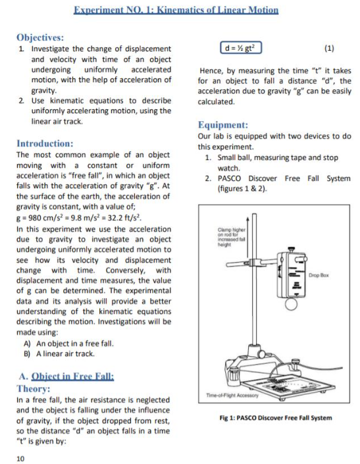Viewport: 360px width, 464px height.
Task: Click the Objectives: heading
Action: pyautogui.click(x=40, y=38)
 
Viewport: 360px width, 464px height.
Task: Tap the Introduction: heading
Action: pyautogui.click(x=45, y=143)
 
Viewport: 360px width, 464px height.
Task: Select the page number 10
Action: pyautogui.click(x=20, y=458)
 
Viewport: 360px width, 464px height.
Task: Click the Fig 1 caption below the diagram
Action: pyautogui.click(x=275, y=417)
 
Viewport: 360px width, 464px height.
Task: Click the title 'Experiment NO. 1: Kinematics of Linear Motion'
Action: pyautogui.click(x=176, y=10)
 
